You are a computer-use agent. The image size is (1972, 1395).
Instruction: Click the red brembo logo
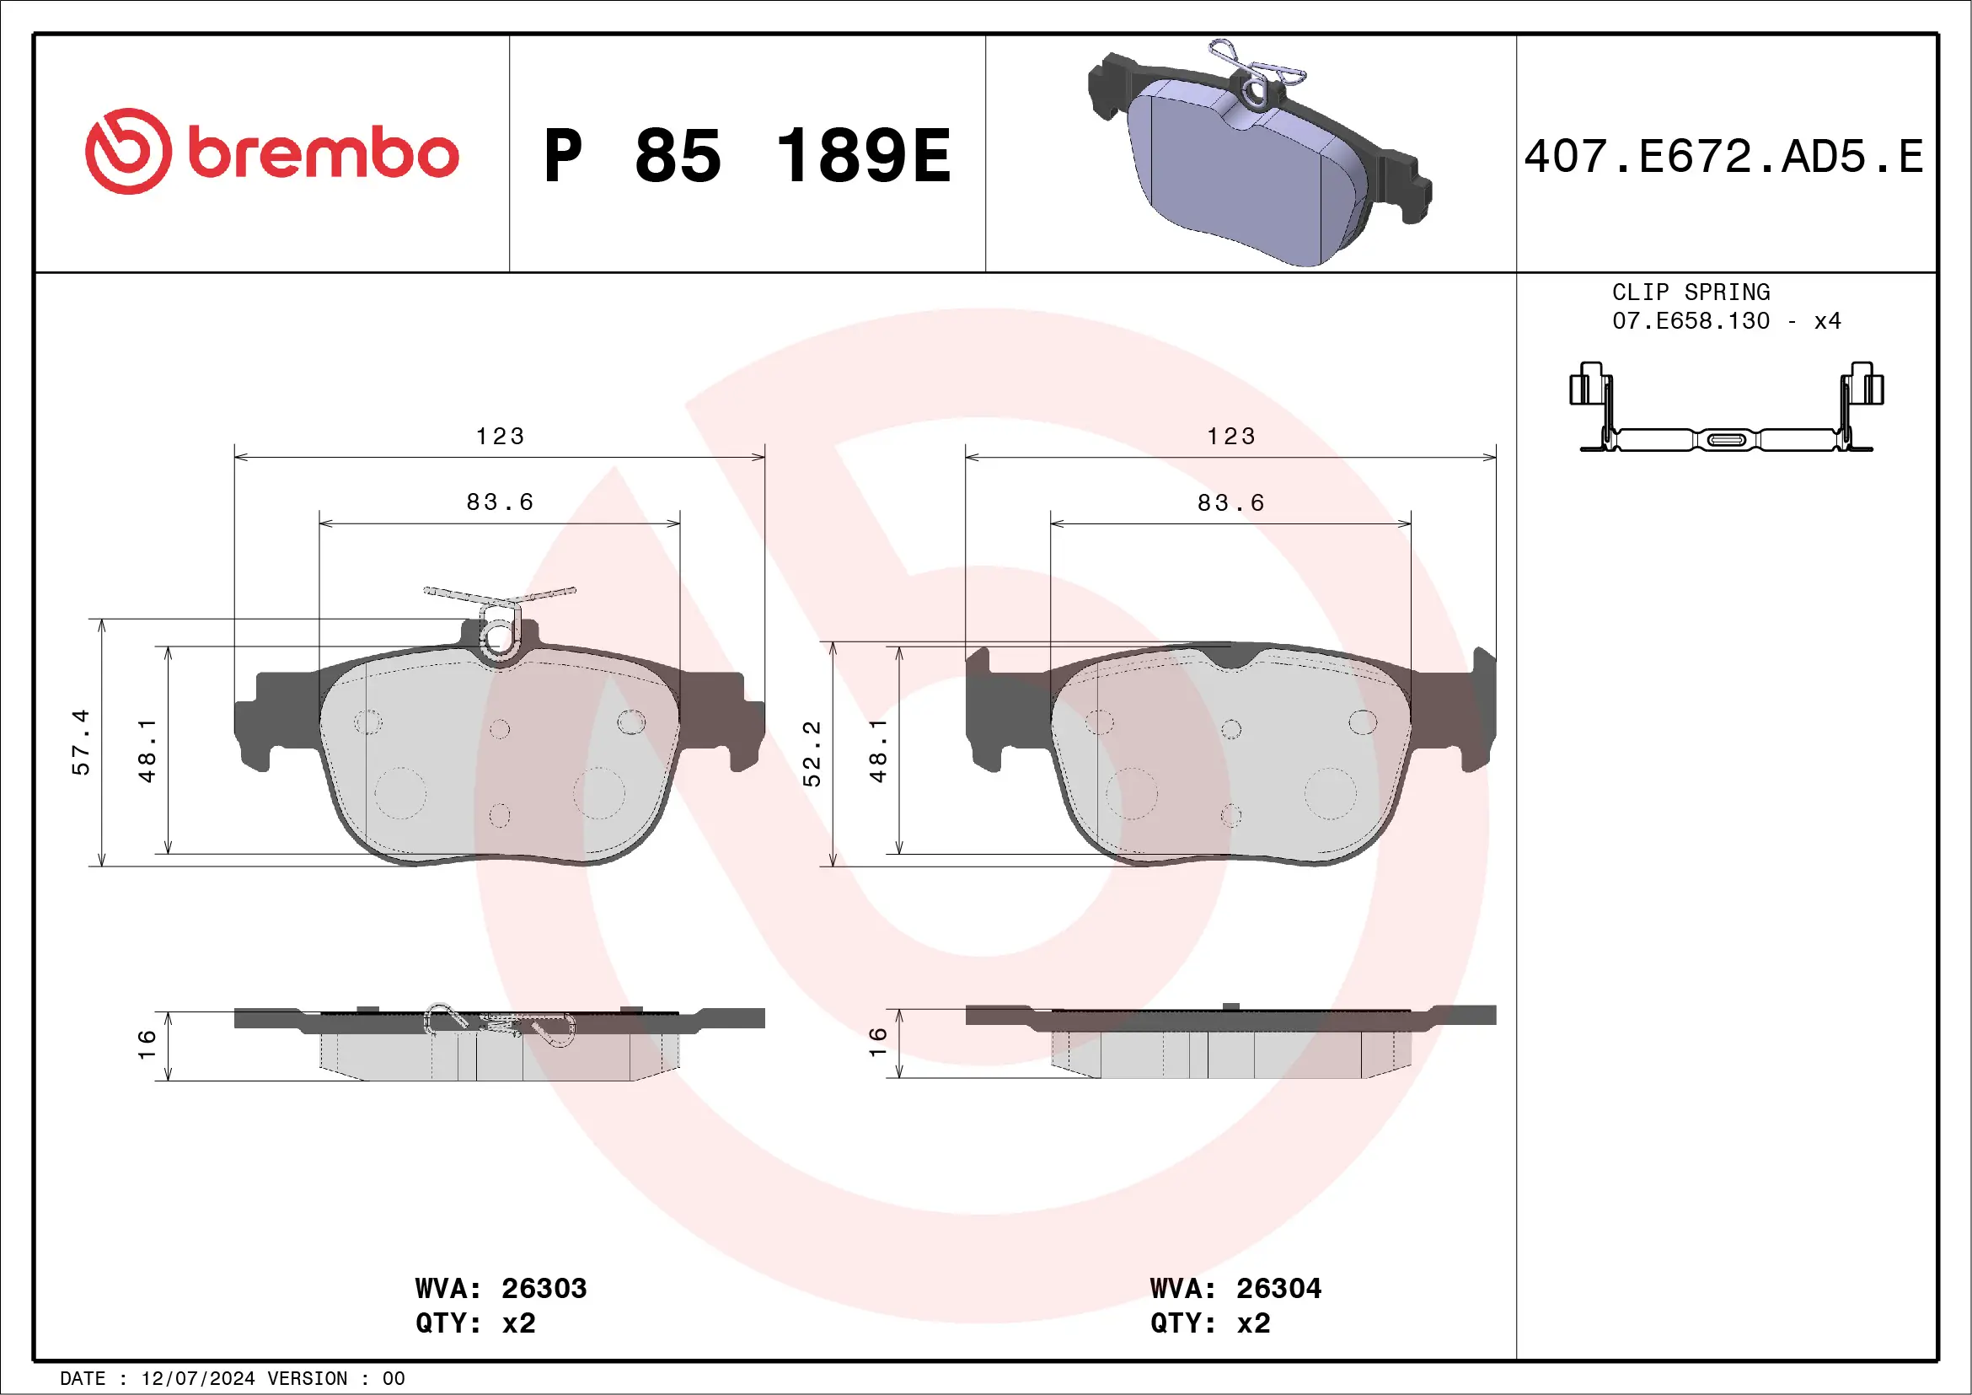[271, 152]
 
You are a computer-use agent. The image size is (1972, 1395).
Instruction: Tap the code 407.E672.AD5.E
[1723, 157]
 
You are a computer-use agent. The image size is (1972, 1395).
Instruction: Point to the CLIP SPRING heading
[1690, 292]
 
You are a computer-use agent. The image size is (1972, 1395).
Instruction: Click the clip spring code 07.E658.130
[1690, 321]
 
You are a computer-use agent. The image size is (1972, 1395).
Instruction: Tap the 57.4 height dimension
[80, 742]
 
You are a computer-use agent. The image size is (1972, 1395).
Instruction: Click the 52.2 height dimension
[811, 754]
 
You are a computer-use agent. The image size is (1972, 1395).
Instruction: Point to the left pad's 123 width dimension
[500, 437]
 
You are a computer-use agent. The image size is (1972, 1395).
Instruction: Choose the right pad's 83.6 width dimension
[1230, 502]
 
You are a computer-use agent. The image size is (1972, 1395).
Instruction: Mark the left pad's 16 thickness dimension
[147, 1044]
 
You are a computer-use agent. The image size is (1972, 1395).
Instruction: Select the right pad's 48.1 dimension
[877, 751]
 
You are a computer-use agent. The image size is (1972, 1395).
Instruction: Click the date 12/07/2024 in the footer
[197, 1379]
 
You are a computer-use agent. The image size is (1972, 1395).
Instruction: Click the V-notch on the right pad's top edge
[1230, 659]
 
